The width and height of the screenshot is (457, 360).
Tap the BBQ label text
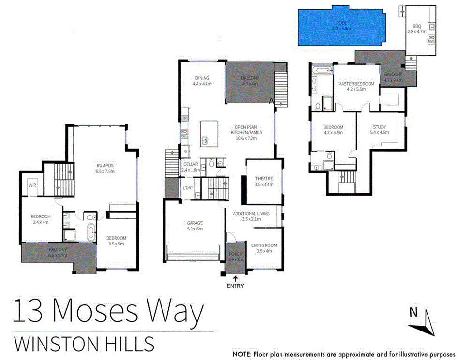pos(417,27)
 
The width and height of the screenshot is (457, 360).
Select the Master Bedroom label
pos(356,84)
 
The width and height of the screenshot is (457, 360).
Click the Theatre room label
pos(264,179)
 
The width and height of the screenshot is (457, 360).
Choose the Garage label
pos(194,223)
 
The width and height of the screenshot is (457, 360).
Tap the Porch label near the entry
pos(236,254)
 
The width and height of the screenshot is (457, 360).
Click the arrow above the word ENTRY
pos(236,278)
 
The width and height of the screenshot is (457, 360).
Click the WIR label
pos(32,185)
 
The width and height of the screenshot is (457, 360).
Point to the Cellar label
pos(191,164)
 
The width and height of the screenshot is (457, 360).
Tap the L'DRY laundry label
pos(188,187)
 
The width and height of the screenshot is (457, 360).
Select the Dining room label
pos(202,78)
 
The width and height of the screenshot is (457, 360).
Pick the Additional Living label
pos(251,213)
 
